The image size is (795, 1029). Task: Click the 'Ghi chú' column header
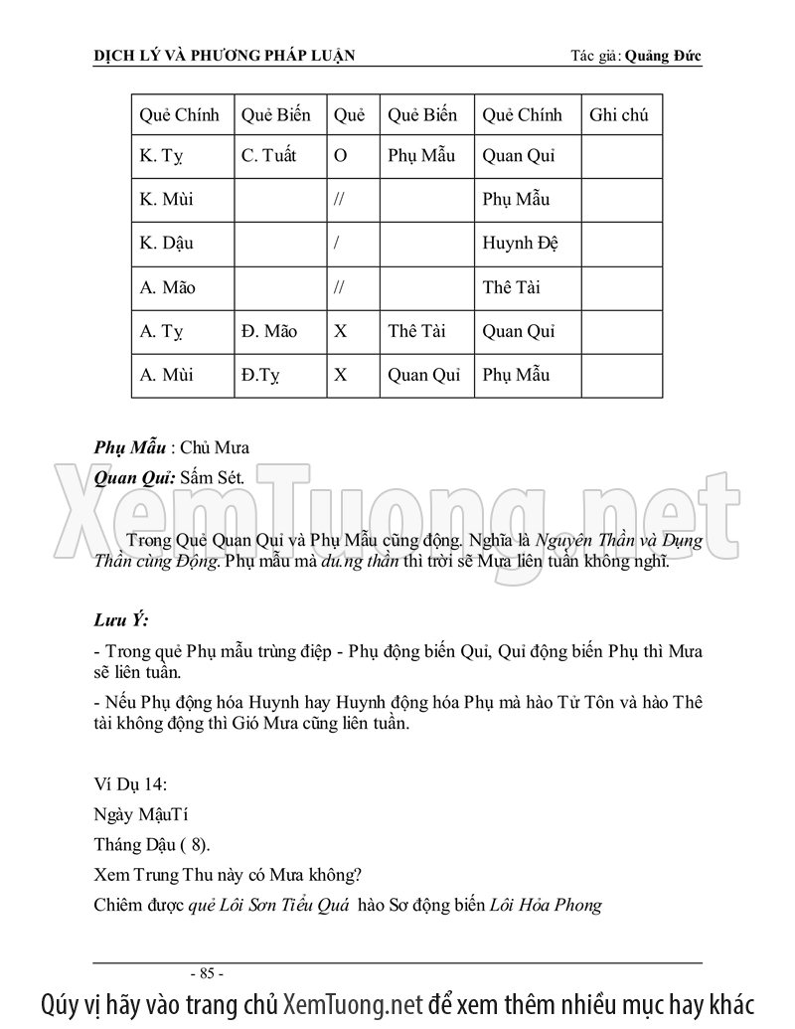(618, 115)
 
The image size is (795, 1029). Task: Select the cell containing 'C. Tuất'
(268, 156)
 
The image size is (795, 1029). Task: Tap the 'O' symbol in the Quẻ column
(341, 156)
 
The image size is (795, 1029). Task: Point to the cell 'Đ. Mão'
(268, 331)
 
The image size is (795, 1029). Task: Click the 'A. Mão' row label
(168, 287)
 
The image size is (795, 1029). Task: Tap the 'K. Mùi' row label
(167, 200)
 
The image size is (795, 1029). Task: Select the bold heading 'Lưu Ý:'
(120, 621)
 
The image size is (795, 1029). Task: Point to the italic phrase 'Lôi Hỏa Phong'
(547, 905)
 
